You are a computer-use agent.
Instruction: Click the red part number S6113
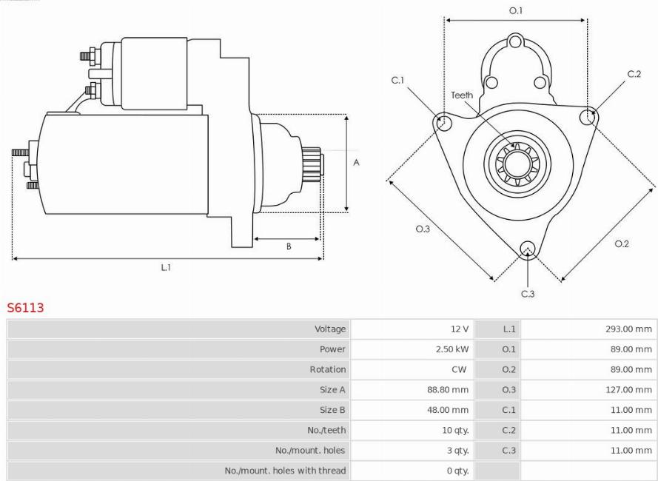tap(25, 307)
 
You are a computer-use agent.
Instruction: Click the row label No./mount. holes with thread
tap(285, 471)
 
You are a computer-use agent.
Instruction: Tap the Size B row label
tap(332, 410)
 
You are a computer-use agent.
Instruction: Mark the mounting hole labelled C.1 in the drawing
tap(443, 121)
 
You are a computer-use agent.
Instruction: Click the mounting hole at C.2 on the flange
tap(587, 115)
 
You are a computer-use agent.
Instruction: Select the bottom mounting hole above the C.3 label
tap(527, 249)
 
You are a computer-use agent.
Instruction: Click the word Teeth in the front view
tap(462, 95)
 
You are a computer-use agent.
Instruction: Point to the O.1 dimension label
tap(516, 10)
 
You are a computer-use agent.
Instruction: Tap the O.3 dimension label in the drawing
tap(423, 229)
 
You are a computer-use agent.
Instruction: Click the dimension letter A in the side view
tap(356, 162)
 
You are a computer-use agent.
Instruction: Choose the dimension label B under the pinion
tap(288, 246)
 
